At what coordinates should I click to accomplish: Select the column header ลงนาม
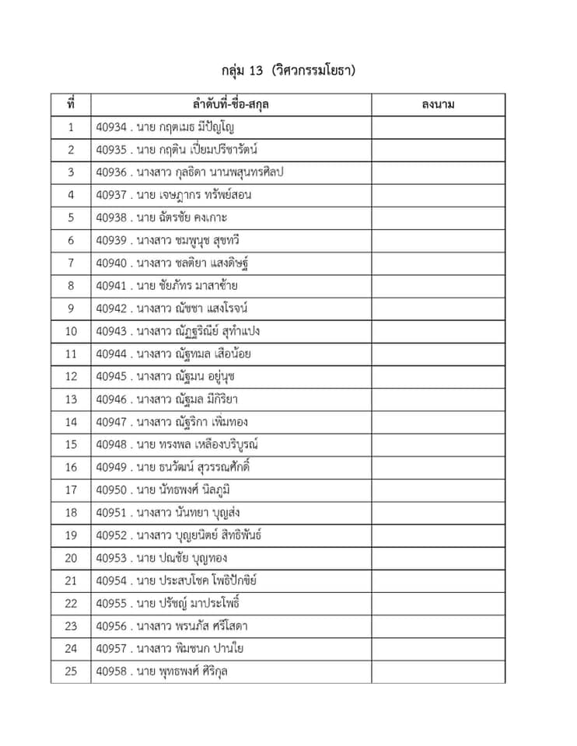[438, 104]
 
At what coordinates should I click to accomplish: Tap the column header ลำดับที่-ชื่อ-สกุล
[230, 104]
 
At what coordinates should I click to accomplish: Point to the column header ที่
[71, 104]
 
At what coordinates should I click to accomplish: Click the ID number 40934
[111, 127]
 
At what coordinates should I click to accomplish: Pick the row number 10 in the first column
[71, 331]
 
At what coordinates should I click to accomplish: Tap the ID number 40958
[111, 671]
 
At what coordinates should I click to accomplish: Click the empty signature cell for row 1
[438, 127]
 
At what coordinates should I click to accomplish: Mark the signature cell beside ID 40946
[438, 399]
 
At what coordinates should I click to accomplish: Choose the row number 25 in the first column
[71, 671]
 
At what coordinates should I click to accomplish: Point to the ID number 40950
[111, 490]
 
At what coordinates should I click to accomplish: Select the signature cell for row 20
[438, 558]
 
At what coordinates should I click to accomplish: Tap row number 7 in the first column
[71, 263]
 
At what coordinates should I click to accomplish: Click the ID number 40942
[111, 309]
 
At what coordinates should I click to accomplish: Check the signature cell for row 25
[438, 671]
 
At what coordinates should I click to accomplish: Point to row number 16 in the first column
[71, 467]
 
